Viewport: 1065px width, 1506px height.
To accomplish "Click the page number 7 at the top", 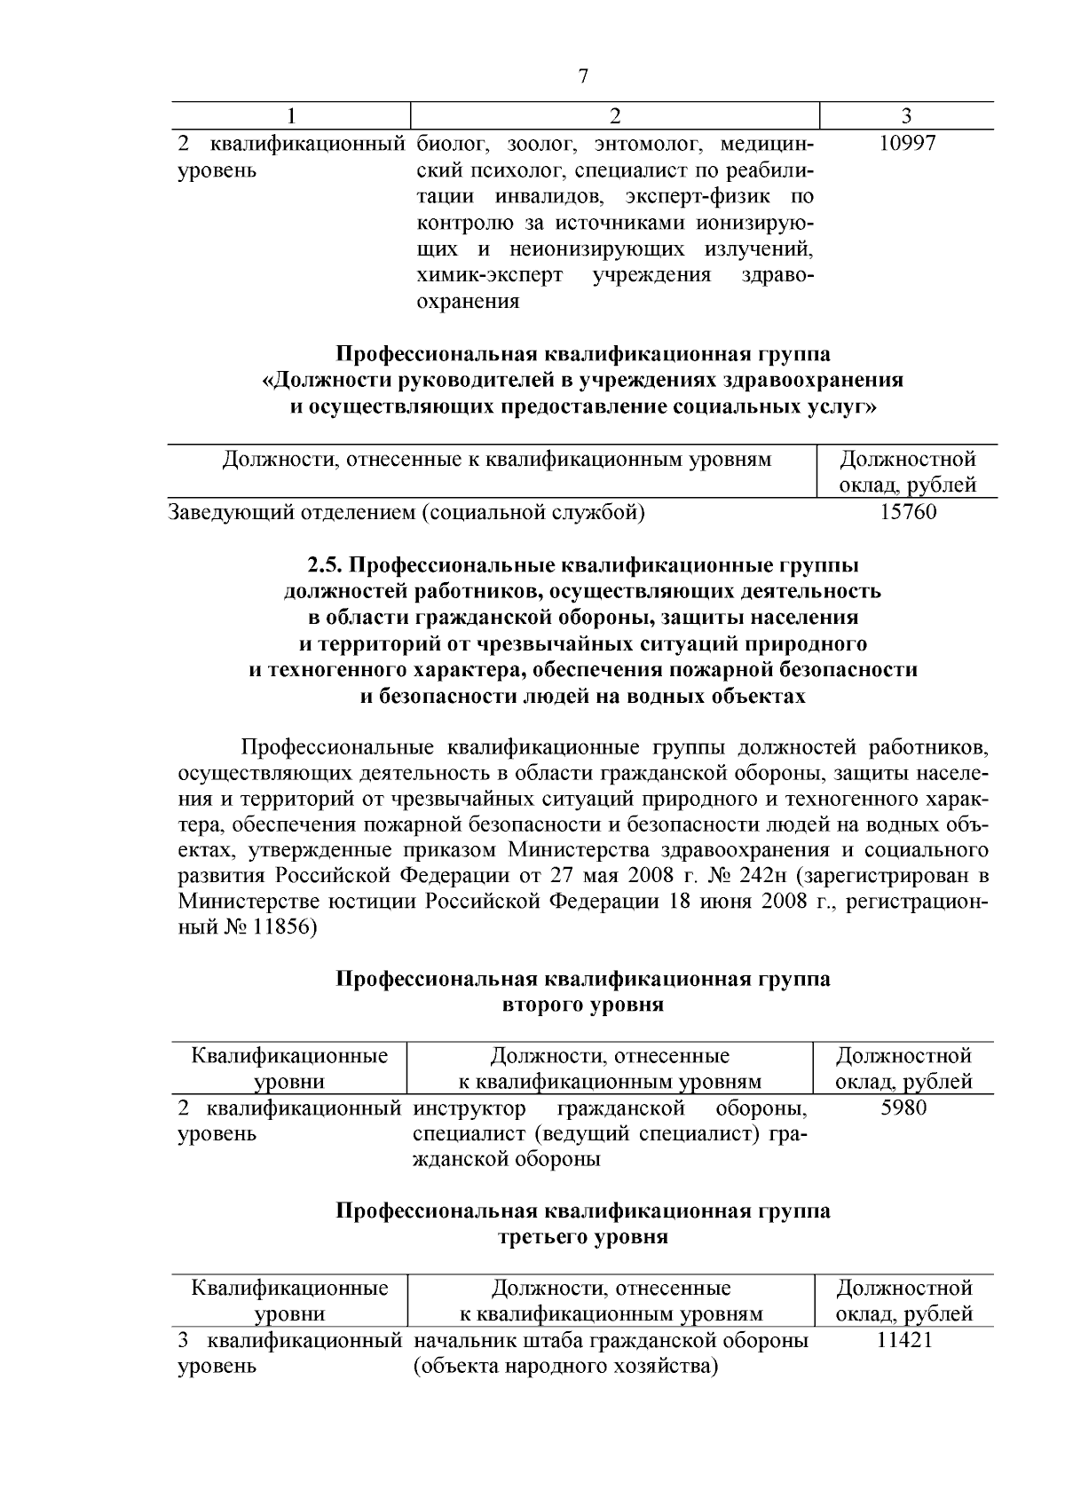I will [x=583, y=76].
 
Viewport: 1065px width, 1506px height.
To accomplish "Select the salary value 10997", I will [x=906, y=144].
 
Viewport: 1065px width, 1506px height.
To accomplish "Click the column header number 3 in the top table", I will [x=906, y=115].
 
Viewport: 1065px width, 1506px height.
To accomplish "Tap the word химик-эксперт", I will [x=489, y=275].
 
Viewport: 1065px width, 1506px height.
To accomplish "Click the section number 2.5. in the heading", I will [x=329, y=564].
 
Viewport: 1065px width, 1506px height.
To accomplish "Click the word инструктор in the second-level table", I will [x=469, y=1108].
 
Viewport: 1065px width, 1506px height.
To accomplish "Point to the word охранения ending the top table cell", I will [x=468, y=302].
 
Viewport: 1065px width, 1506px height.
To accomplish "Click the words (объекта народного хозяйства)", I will [x=565, y=1366].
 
